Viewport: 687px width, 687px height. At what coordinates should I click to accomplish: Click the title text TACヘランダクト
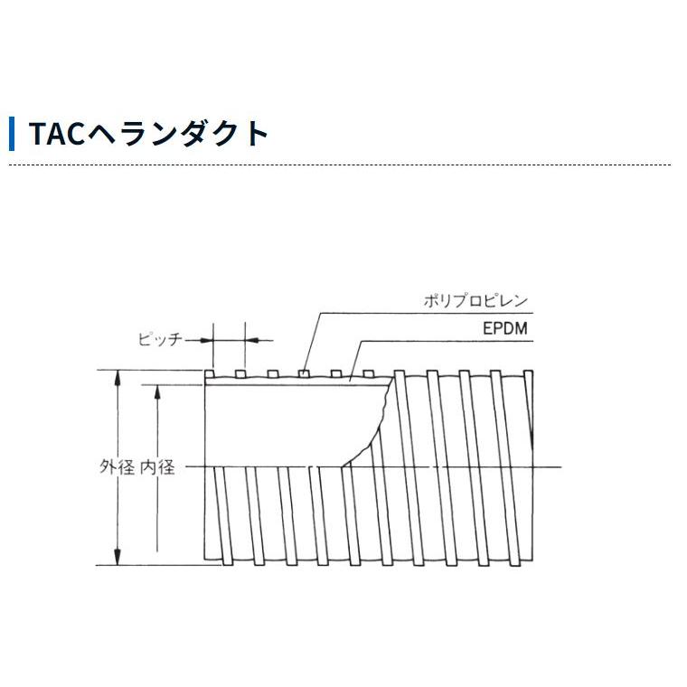[149, 133]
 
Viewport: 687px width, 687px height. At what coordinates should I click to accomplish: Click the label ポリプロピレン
[475, 302]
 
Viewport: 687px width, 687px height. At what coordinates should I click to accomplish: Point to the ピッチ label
[160, 340]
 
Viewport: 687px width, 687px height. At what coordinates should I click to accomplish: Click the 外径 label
[117, 467]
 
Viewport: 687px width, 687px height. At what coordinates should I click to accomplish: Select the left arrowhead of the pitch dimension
[205, 340]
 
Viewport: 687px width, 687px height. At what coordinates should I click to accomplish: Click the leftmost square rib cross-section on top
[209, 373]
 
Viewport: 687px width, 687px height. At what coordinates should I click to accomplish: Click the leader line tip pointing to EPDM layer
[350, 381]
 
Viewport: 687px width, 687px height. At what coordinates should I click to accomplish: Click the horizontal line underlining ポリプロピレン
[425, 314]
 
